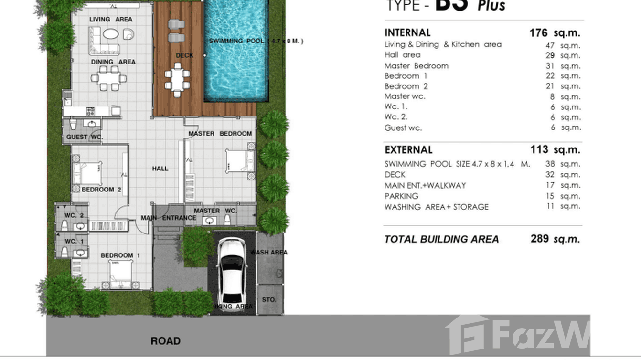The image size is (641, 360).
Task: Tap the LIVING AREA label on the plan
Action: (111, 19)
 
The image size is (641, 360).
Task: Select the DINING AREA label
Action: (113, 62)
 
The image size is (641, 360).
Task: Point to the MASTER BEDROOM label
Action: (220, 134)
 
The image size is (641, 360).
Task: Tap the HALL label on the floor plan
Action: (160, 169)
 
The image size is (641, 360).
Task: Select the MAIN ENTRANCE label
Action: (168, 218)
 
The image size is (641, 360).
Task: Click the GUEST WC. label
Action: (85, 137)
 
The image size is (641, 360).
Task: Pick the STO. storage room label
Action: (269, 300)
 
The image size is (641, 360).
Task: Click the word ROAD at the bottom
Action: (165, 341)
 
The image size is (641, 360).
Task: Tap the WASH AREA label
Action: (269, 252)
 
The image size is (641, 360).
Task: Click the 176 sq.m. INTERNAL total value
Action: (554, 33)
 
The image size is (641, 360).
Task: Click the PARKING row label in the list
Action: (401, 196)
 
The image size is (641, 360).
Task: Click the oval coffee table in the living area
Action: (111, 35)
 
